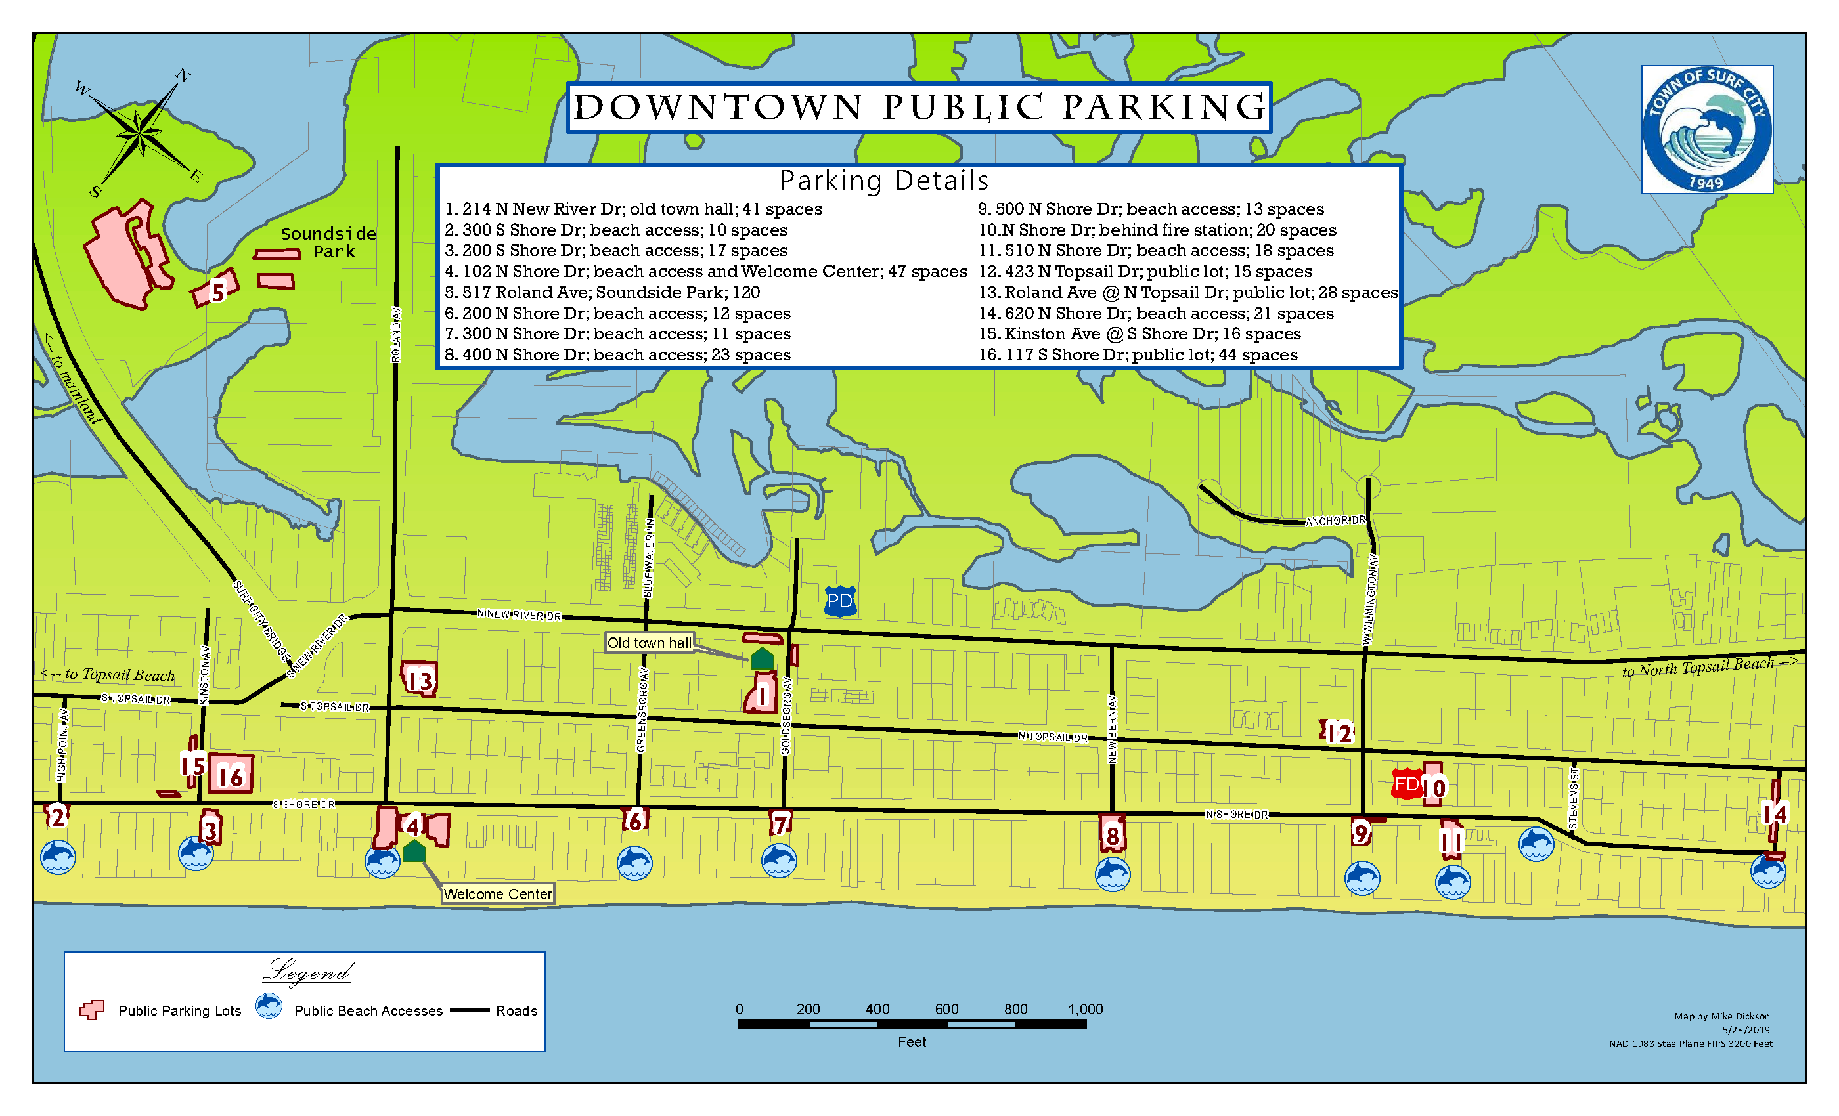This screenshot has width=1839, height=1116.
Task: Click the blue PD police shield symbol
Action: (839, 601)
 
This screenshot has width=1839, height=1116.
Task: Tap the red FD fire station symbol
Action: (1406, 784)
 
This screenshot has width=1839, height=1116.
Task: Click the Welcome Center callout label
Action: (498, 893)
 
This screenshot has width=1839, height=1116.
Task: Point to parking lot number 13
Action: (420, 679)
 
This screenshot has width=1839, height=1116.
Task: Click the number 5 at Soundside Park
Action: (217, 291)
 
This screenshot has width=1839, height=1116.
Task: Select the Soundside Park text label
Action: (328, 242)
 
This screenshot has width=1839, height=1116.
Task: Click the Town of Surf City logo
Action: (1707, 130)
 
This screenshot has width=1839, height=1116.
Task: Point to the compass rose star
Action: (139, 135)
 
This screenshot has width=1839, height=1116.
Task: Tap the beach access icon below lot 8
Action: (1112, 874)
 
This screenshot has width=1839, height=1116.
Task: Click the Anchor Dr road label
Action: (1335, 521)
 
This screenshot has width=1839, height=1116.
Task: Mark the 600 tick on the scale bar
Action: (946, 1010)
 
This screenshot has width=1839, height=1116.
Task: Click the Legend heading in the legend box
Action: (308, 972)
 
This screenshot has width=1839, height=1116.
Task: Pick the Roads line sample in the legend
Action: (470, 1010)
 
